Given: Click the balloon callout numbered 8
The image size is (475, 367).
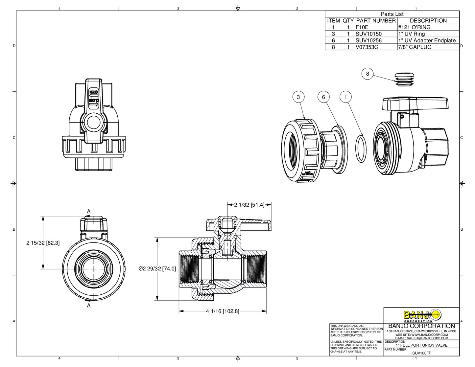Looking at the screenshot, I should point(368,74).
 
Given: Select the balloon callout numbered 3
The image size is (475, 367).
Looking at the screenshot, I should point(298,97).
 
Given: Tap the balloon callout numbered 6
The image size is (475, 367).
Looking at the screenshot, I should point(323,97).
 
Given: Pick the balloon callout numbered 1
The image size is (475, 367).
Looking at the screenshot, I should point(345,97).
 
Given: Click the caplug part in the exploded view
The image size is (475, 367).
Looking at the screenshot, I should point(404,79).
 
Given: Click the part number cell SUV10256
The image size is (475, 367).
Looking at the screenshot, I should point(368,40).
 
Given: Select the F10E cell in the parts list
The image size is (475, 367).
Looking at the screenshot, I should point(362,27).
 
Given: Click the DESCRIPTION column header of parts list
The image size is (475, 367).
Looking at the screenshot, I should point(428,21).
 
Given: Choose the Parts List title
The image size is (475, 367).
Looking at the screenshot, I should point(392,14).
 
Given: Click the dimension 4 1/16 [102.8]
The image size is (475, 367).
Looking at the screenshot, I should point(223,311).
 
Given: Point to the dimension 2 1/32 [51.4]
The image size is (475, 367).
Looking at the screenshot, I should point(249,205).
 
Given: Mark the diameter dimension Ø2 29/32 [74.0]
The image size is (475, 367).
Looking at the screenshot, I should point(157,269).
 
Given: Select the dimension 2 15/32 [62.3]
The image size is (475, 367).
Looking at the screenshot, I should point(43,243).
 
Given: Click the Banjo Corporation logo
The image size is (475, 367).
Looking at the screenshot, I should point(422,315).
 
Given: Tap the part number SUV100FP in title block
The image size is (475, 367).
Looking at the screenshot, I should point(422,353).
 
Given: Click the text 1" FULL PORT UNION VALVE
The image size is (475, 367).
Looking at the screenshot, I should point(421,345).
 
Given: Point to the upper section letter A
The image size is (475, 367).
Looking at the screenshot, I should point(89,212).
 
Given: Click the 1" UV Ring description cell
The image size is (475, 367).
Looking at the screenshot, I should point(411,34).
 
